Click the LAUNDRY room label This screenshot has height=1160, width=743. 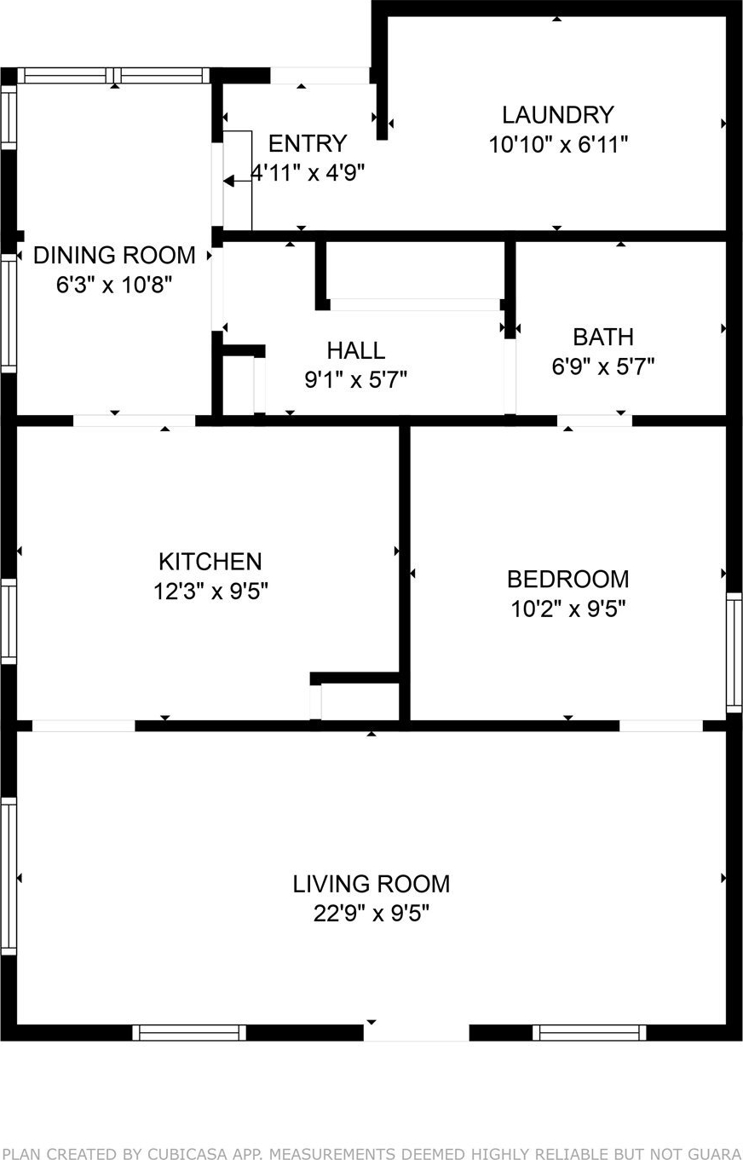point(557,114)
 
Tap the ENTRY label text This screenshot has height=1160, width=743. point(308,143)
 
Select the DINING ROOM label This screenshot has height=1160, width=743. point(114,256)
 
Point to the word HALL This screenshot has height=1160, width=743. point(355,350)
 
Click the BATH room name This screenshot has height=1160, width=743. point(603,338)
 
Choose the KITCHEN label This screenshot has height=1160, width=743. point(210,562)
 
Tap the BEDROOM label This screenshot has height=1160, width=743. point(568,579)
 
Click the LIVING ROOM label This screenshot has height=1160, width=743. point(371,884)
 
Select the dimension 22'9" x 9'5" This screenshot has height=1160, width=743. point(371,913)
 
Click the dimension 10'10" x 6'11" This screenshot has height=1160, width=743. point(558,144)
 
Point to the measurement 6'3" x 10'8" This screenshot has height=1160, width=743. point(114,285)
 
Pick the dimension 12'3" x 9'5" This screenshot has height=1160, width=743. point(210,591)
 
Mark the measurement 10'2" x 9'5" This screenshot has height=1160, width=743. point(568,609)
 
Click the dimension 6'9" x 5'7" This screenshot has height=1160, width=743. point(603,366)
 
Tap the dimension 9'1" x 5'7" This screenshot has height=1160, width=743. point(355,380)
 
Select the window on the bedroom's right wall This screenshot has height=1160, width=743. point(734,653)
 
